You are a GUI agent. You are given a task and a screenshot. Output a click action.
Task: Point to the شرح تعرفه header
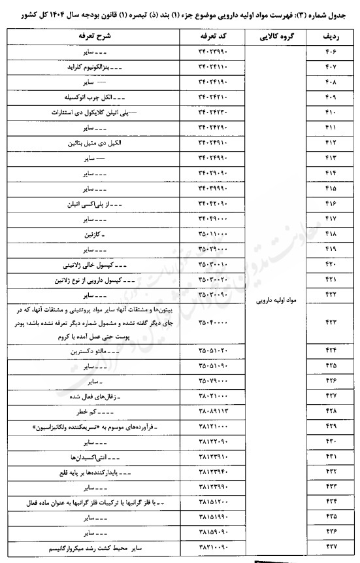tap(99, 36)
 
